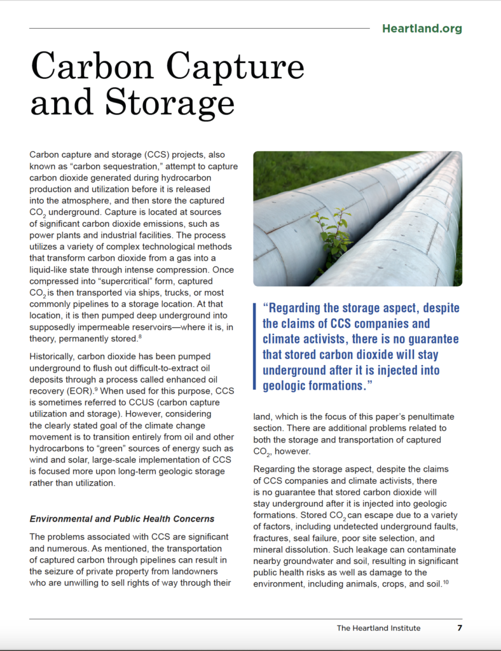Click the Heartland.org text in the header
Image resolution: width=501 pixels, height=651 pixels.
[422, 29]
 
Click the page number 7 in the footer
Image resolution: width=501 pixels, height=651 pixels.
[459, 628]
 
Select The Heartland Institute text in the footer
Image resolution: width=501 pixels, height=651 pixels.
[378, 628]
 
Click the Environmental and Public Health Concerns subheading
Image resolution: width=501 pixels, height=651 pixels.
[122, 519]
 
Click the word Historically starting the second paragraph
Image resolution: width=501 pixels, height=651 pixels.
[53, 357]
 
